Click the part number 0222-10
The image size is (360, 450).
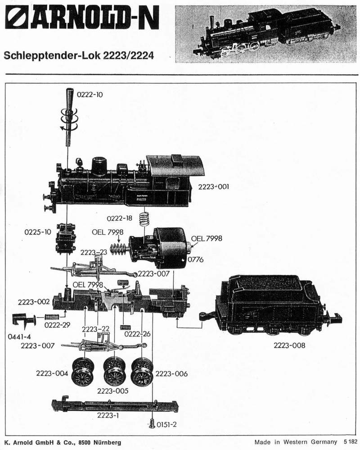pos(90,95)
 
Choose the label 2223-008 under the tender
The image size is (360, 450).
pos(289,345)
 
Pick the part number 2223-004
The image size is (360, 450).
pos(53,373)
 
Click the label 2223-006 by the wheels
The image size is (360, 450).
pos(171,373)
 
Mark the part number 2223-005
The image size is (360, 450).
pos(113,391)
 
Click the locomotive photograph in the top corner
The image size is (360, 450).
pos(265,34)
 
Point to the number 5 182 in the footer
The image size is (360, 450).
pos(351,442)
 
